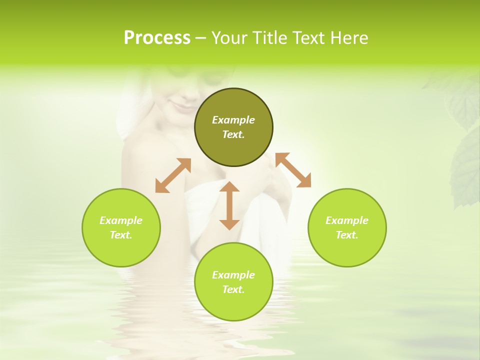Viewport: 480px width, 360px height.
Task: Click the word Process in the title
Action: pyautogui.click(x=157, y=38)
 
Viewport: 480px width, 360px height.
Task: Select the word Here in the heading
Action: pyautogui.click(x=350, y=38)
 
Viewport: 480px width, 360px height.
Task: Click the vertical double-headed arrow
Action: pyautogui.click(x=229, y=205)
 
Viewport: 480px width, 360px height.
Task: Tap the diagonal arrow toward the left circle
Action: pyautogui.click(x=173, y=175)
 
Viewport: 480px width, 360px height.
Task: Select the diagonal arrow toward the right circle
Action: pyautogui.click(x=293, y=170)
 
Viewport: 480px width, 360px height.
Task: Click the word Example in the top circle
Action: pyautogui.click(x=233, y=120)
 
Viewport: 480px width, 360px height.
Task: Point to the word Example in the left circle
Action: pyautogui.click(x=121, y=220)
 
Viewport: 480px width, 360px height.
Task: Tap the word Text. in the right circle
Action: pyautogui.click(x=347, y=235)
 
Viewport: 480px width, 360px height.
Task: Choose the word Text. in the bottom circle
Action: pyautogui.click(x=233, y=289)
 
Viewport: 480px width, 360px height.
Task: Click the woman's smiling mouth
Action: pyautogui.click(x=178, y=105)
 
